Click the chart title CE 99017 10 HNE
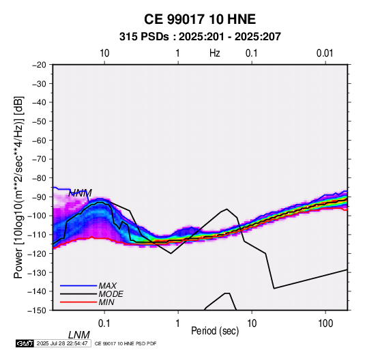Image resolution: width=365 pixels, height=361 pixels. click(200, 19)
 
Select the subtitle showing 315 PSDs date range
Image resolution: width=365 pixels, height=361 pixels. click(200, 37)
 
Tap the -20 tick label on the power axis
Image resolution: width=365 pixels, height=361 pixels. click(39, 65)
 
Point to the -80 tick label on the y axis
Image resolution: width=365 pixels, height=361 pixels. click(39, 178)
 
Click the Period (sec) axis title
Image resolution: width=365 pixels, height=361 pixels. click(215, 331)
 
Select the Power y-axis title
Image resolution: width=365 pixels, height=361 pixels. click(18, 188)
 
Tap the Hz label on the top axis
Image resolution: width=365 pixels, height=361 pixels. click(215, 53)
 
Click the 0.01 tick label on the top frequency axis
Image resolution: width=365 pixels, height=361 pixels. click(325, 53)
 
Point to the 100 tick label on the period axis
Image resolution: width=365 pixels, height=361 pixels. click(325, 323)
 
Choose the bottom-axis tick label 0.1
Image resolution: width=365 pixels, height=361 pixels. click(104, 323)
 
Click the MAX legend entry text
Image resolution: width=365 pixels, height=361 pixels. click(107, 286)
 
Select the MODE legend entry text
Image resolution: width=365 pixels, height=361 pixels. click(111, 294)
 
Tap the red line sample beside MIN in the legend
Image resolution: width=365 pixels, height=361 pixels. click(78, 302)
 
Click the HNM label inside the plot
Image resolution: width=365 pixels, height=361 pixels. click(80, 193)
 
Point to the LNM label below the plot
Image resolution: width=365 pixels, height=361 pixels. click(79, 335)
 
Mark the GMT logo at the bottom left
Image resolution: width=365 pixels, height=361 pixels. click(25, 343)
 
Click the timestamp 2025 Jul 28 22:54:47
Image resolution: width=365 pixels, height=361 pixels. click(62, 343)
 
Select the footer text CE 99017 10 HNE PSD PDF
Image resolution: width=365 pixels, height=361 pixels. click(126, 343)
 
